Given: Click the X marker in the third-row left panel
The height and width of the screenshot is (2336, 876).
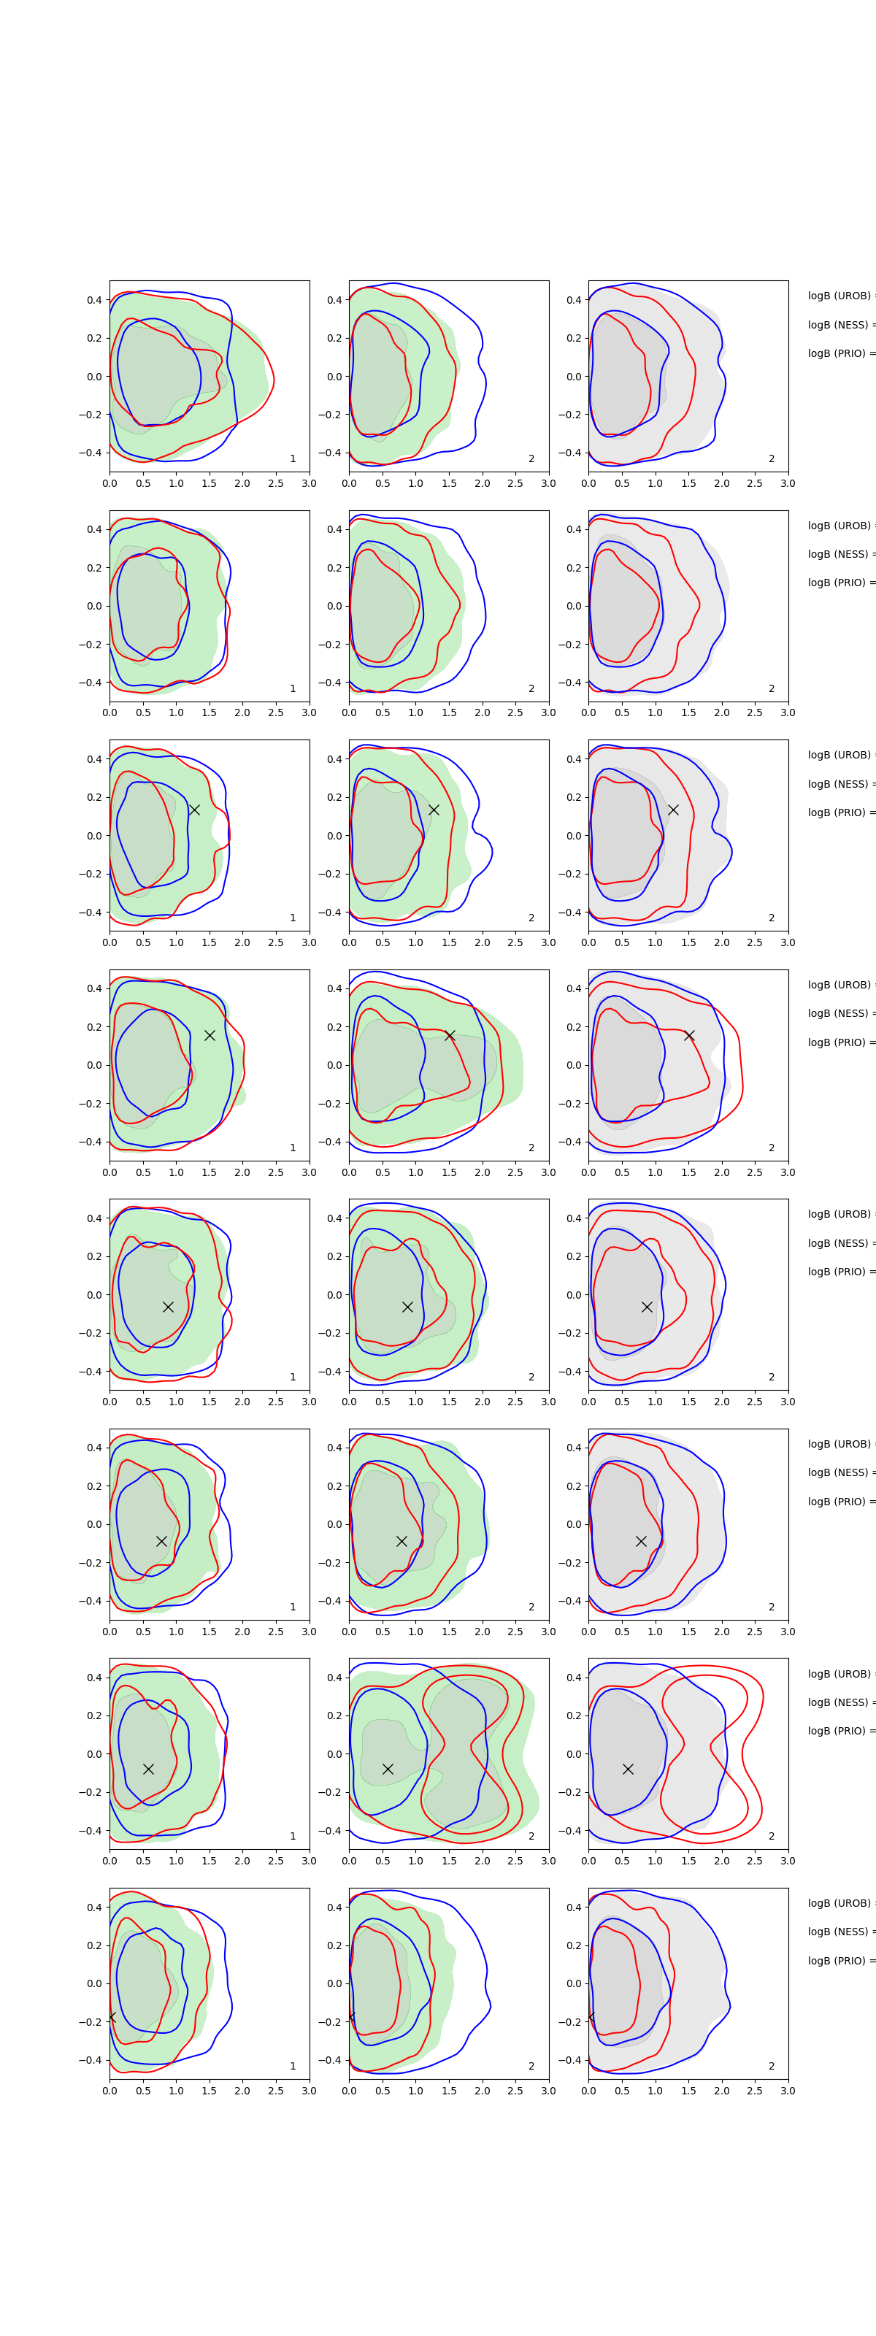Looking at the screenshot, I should [x=194, y=810].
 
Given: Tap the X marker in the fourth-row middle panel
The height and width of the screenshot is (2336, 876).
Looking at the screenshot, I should [x=449, y=1036].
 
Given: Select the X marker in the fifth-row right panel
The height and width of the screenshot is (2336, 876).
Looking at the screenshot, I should [x=647, y=1307].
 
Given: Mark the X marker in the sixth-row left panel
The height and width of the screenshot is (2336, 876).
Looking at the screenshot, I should [x=161, y=1542].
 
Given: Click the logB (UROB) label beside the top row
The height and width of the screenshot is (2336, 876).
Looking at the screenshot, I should [x=839, y=296].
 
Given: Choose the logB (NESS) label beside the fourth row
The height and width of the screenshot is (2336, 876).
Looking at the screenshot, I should [x=839, y=1014].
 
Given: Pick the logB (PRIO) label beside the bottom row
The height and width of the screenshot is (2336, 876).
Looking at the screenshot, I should [x=839, y=1961].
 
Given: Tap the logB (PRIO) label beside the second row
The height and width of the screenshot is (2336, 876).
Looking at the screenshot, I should [x=839, y=583].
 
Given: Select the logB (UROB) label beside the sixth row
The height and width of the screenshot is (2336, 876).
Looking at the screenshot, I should [x=839, y=1445].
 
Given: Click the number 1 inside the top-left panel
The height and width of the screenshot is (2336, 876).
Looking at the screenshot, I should [x=293, y=459].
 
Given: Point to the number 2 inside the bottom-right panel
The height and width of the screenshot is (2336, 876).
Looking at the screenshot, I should [x=772, y=2066].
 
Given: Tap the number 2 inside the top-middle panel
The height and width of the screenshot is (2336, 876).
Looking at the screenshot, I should [x=531, y=459].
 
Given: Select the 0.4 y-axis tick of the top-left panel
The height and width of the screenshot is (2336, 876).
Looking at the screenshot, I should [x=94, y=300].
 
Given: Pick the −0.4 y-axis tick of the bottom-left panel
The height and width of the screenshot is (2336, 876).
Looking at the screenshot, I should [x=91, y=2060].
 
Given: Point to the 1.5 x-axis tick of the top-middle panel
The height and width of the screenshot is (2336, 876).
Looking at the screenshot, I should [x=449, y=483].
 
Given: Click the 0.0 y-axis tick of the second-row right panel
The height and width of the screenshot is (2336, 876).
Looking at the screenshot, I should [x=574, y=606].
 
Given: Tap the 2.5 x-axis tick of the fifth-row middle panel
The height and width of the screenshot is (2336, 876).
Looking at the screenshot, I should [x=515, y=1402].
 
